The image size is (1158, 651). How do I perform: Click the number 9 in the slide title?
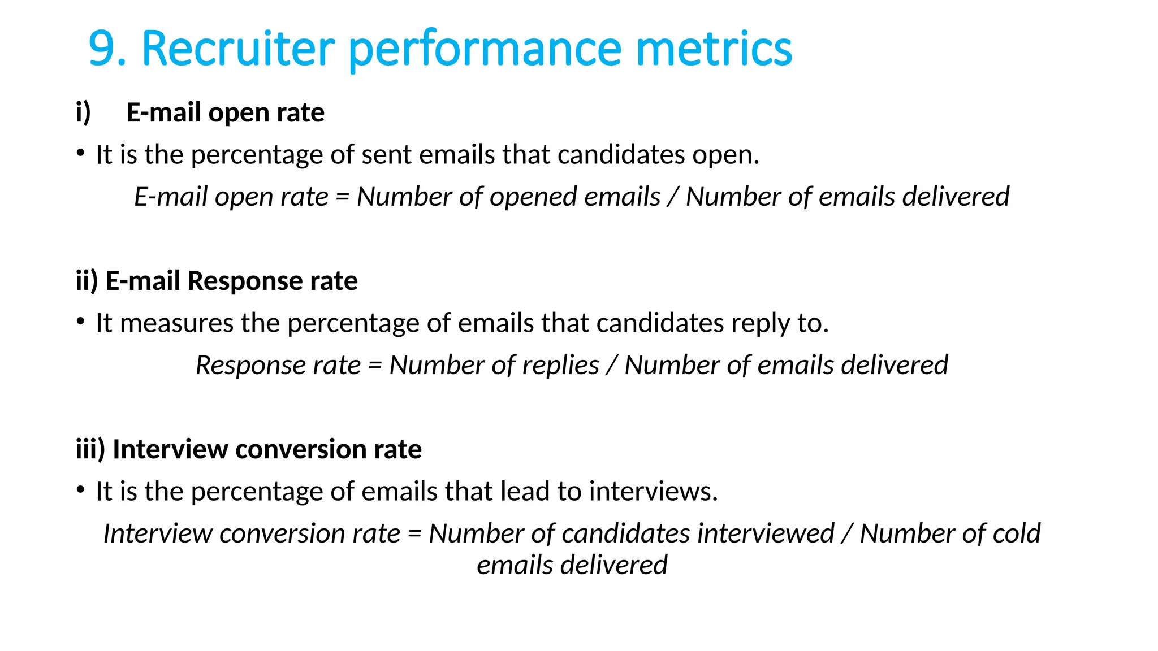point(102,49)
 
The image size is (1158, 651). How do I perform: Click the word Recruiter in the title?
point(237,49)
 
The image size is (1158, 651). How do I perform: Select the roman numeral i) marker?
point(83,112)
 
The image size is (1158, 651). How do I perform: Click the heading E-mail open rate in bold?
point(225,112)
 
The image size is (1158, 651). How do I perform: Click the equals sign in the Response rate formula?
point(375,366)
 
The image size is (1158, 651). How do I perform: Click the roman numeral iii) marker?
point(90,449)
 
